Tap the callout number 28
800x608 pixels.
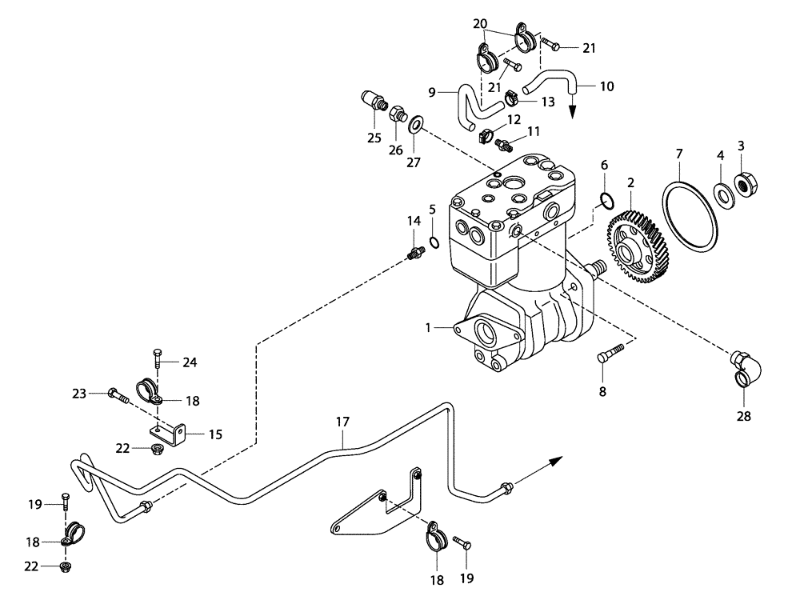click(744, 416)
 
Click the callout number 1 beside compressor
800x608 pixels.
click(428, 327)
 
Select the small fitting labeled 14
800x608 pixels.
click(414, 254)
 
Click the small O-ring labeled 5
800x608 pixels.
click(433, 242)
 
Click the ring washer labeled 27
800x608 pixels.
click(416, 126)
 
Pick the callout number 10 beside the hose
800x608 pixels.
click(606, 86)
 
